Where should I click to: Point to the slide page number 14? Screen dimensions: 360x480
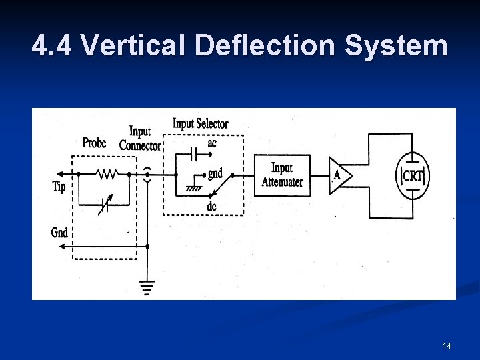click(447, 345)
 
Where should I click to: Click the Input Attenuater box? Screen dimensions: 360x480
click(282, 175)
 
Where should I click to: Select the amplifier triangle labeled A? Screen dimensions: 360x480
click(339, 175)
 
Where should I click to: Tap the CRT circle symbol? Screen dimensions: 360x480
click(413, 176)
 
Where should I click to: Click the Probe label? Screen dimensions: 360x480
click(94, 143)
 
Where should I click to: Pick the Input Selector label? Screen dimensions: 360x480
click(200, 124)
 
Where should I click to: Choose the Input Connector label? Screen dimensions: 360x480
click(140, 139)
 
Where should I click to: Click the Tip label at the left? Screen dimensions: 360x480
click(59, 187)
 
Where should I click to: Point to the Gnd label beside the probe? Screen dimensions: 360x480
click(59, 233)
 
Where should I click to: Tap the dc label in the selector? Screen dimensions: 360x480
click(211, 207)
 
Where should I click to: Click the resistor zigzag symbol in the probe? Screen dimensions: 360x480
click(107, 174)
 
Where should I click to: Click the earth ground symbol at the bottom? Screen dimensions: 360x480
click(147, 287)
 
